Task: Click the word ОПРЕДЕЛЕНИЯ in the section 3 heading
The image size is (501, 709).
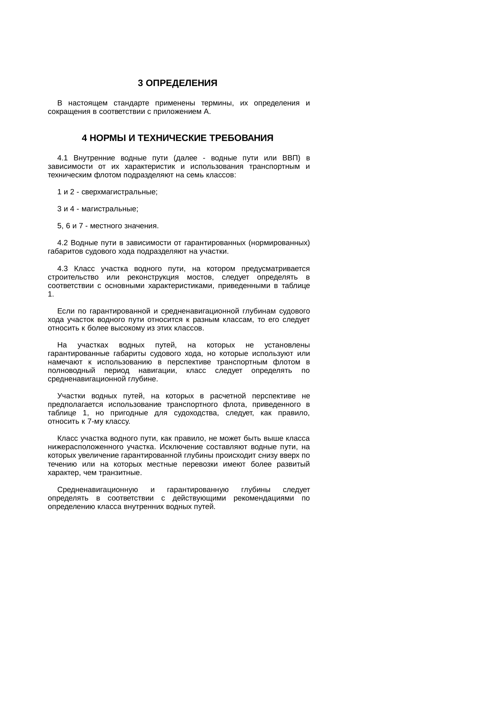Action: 181,83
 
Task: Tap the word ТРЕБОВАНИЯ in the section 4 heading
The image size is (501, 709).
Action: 242,138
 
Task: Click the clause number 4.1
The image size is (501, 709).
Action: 62,158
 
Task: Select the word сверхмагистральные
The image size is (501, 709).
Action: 119,192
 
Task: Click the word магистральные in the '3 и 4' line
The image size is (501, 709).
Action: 109,209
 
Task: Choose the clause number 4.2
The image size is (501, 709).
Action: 62,243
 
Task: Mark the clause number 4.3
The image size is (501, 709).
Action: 62,269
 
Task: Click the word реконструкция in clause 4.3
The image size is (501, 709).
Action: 153,277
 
